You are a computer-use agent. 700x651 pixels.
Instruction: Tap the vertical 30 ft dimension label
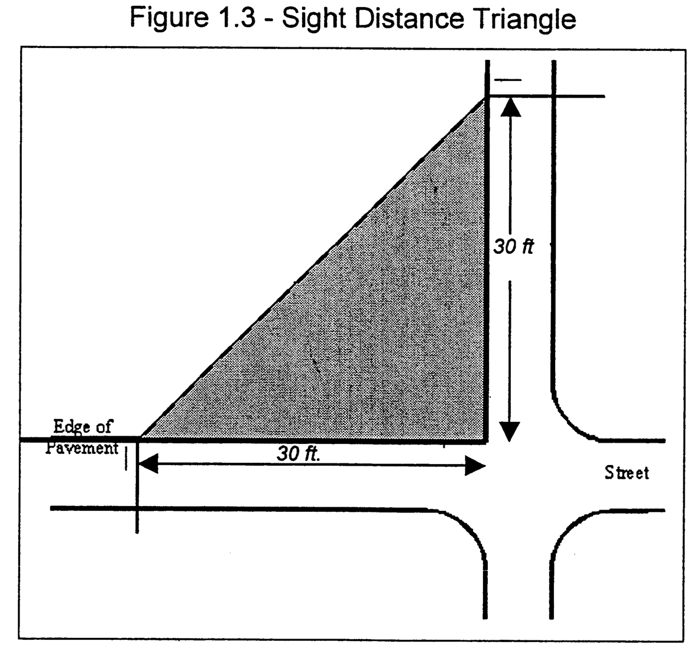pyautogui.click(x=513, y=247)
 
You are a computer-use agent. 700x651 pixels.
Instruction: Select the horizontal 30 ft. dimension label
pyautogui.click(x=298, y=454)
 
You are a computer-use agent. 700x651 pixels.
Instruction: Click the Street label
pyautogui.click(x=627, y=472)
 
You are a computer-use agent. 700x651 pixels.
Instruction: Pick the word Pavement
pyautogui.click(x=82, y=447)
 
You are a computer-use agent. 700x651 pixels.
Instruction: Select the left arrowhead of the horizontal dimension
pyautogui.click(x=148, y=465)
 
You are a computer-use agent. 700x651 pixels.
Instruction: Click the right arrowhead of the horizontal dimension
pyautogui.click(x=475, y=466)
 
